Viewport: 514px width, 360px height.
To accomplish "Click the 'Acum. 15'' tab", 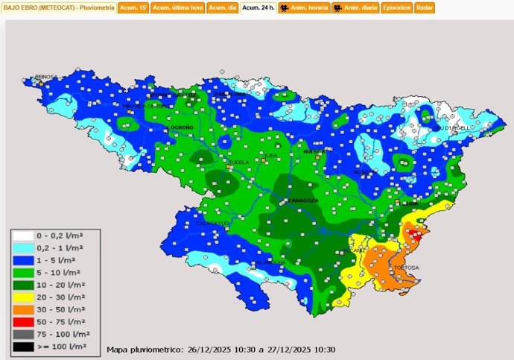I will tap(133, 7).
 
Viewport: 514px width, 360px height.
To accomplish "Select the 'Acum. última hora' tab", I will tap(177, 7).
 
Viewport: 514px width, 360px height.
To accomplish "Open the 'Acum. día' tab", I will tap(222, 7).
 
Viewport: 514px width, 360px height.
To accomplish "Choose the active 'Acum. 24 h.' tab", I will tap(258, 7).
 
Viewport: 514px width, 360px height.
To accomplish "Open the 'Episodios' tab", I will tap(397, 7).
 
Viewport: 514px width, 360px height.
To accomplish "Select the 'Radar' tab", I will tap(425, 7).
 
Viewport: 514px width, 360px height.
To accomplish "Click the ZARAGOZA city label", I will tap(303, 200).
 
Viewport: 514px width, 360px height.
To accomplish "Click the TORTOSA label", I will tap(407, 268).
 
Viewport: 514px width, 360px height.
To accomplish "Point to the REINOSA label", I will tap(48, 78).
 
